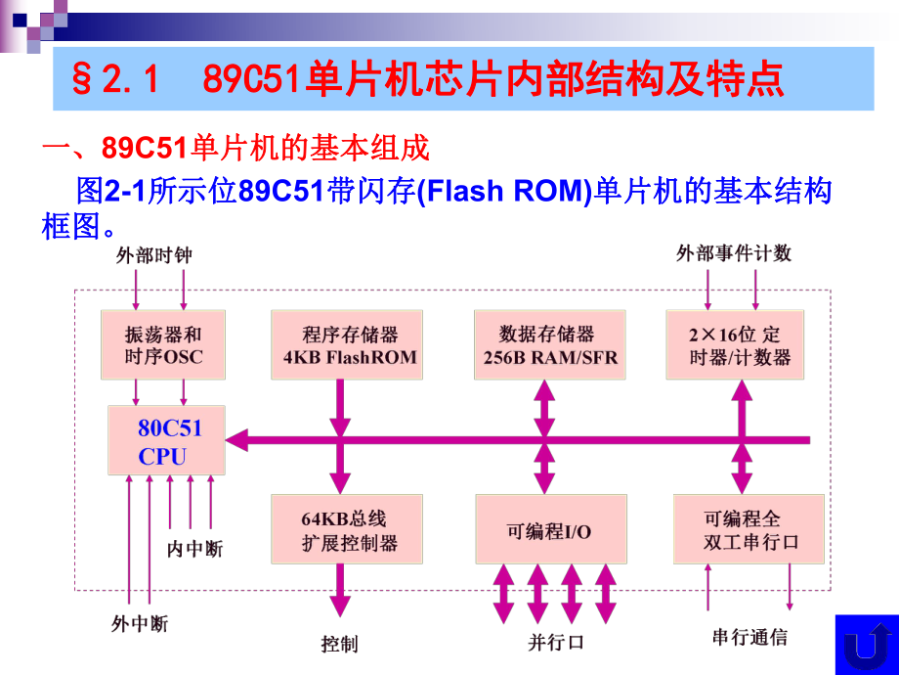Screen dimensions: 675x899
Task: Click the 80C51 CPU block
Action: click(165, 441)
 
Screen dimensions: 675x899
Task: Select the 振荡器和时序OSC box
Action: click(162, 344)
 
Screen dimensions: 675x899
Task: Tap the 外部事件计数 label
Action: click(734, 253)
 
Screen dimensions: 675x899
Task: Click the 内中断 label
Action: click(195, 549)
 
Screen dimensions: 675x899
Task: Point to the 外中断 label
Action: click(140, 623)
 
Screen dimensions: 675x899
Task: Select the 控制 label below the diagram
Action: click(340, 643)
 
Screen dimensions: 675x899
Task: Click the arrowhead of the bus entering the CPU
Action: click(236, 441)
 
